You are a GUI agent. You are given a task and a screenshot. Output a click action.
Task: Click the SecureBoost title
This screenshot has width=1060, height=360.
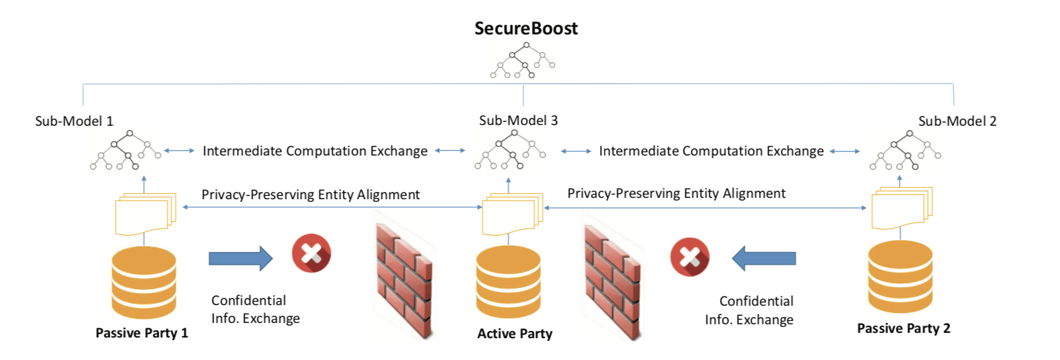526,28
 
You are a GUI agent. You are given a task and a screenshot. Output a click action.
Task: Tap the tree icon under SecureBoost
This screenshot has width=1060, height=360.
523,61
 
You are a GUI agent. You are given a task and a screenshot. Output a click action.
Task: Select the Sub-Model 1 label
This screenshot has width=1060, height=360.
74,121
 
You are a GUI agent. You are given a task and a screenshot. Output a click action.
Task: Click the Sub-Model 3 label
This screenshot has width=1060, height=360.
518,120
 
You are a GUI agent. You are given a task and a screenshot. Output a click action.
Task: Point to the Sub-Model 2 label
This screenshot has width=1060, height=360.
957,121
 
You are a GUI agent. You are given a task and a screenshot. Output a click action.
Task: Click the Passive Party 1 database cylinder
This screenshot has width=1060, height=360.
144,283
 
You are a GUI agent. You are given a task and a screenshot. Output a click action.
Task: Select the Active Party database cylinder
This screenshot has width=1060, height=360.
508,282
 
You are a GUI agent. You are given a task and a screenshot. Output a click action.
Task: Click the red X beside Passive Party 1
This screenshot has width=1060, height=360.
312,253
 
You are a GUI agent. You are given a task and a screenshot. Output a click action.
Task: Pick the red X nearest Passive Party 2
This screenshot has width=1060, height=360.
689,257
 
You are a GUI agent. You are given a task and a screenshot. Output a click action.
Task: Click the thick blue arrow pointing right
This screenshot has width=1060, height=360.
240,258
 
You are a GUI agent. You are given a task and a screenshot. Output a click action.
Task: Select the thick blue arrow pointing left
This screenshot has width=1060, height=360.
764,258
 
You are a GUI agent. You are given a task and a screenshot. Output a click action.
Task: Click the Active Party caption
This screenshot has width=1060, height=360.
515,334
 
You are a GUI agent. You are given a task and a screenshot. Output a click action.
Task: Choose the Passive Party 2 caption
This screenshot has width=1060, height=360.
903,329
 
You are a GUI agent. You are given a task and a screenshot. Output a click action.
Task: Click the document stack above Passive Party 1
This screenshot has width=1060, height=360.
145,214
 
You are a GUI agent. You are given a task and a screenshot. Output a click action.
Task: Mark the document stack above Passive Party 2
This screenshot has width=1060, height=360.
901,208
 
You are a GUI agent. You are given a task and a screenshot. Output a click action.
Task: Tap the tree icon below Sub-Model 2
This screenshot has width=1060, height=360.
905,151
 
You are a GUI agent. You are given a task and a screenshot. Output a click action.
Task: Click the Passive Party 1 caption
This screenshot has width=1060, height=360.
142,333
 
